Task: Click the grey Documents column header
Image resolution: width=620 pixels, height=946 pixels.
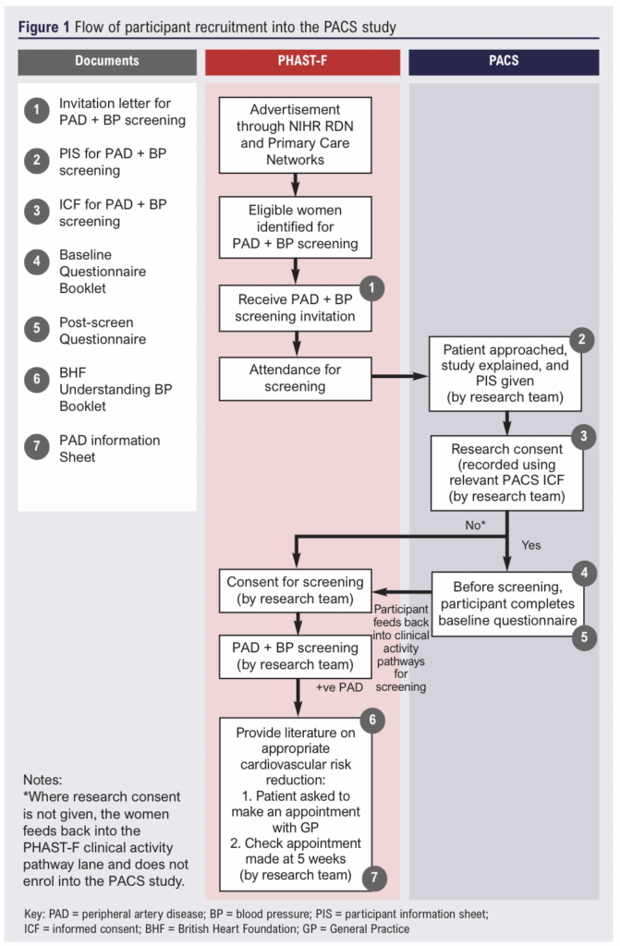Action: [107, 61]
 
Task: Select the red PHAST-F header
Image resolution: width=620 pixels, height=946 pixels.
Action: [302, 61]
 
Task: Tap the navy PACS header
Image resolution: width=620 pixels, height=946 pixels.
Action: [504, 61]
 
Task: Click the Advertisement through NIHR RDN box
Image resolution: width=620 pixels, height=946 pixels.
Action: [296, 134]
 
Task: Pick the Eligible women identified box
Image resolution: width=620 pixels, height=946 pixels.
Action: [296, 226]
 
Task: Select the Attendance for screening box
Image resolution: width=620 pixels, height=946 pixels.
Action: [296, 378]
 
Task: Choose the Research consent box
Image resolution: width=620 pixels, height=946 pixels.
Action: [507, 472]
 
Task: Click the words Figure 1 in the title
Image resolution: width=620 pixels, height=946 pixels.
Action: [44, 27]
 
